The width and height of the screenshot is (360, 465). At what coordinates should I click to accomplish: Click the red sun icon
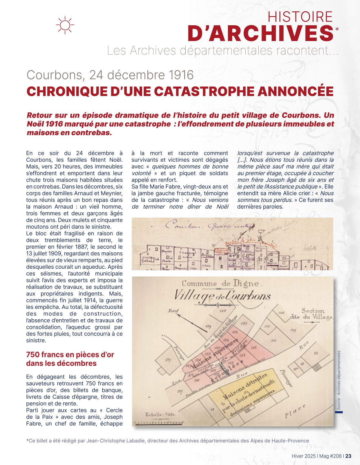(x=65, y=25)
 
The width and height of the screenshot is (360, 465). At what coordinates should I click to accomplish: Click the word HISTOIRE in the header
(x=300, y=17)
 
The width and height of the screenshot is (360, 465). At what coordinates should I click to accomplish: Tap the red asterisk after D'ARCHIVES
(x=337, y=29)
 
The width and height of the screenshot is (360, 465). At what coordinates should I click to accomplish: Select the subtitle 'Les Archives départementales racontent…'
(x=223, y=51)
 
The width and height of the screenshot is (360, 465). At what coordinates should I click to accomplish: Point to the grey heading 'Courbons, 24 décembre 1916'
(x=110, y=75)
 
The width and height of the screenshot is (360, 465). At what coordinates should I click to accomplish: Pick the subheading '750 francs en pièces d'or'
(x=70, y=355)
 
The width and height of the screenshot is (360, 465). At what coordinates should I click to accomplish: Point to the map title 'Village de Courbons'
(x=222, y=296)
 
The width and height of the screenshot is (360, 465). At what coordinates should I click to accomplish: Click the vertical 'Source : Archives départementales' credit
(x=339, y=380)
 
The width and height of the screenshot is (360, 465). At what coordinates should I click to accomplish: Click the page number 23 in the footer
(x=348, y=456)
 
